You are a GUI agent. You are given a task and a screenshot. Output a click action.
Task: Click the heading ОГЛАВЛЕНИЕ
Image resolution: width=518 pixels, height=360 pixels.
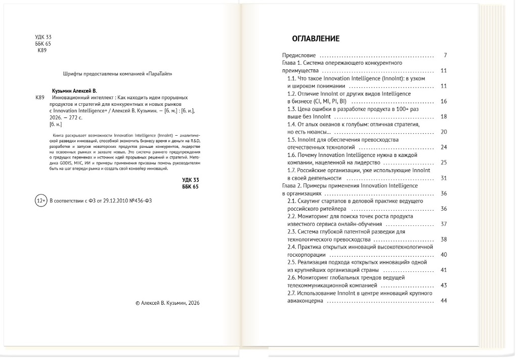click(316, 38)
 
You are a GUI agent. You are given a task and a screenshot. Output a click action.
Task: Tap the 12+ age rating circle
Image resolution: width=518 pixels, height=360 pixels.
click(40, 201)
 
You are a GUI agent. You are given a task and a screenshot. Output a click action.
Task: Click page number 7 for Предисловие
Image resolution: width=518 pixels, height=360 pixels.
click(445, 55)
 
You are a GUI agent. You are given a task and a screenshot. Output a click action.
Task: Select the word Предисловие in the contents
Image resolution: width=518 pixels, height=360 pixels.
click(298, 55)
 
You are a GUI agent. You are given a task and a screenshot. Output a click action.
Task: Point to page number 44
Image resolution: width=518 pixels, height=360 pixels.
click(444, 301)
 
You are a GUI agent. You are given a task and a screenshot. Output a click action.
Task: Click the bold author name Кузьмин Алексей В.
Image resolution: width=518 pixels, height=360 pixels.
click(74, 90)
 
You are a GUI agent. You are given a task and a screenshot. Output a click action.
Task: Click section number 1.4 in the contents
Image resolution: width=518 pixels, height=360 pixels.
click(292, 124)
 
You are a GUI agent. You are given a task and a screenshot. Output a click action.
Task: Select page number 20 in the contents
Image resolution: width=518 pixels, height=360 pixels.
click(444, 132)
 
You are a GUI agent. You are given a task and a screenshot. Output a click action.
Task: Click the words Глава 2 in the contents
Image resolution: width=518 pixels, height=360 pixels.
click(292, 186)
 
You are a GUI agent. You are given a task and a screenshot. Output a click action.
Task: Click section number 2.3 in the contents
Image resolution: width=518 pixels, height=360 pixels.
click(292, 231)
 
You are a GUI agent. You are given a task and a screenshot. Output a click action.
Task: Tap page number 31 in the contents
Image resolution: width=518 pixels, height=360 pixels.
click(444, 178)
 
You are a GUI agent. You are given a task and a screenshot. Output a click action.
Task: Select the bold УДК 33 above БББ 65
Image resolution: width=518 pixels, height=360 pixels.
click(190, 180)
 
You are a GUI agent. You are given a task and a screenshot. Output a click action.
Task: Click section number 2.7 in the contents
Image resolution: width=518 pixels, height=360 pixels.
click(292, 293)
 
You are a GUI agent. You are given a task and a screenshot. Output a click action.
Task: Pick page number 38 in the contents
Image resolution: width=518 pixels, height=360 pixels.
click(444, 239)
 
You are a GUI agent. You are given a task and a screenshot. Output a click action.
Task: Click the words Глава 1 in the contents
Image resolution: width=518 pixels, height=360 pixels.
click(292, 63)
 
